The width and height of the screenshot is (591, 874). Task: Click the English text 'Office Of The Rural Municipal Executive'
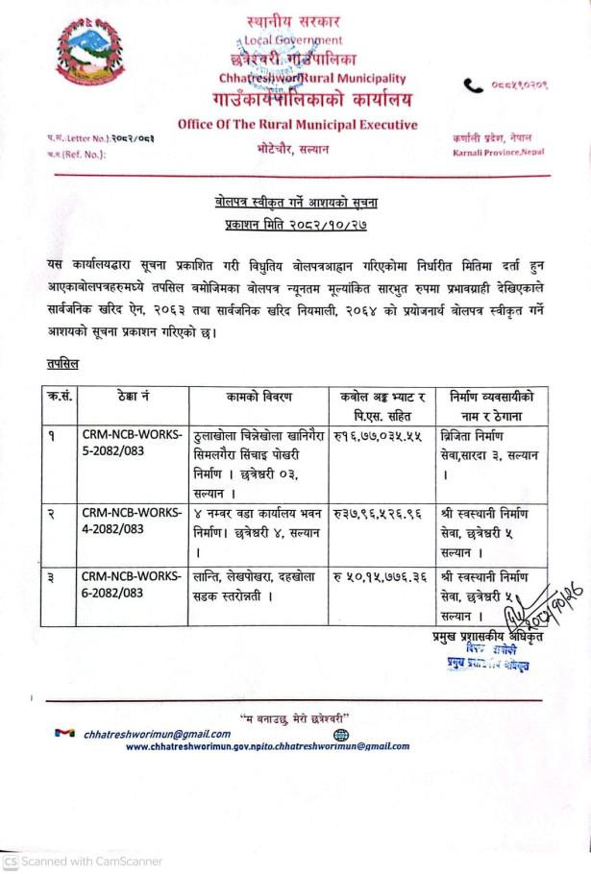tap(298, 124)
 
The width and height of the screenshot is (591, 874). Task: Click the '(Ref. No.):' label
tap(79, 152)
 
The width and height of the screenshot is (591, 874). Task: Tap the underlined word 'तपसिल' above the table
tap(62, 364)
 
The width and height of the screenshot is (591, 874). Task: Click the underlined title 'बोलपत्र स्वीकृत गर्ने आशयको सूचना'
tap(296, 202)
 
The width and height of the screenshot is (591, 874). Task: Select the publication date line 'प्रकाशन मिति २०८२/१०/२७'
tap(296, 224)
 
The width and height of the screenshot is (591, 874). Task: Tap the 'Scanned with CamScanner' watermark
tap(84, 862)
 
